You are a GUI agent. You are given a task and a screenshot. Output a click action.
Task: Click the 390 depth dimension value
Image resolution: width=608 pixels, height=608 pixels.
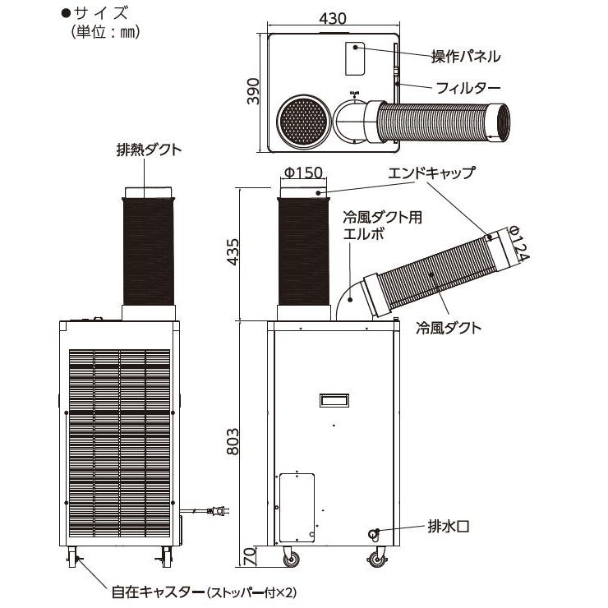click(254, 91)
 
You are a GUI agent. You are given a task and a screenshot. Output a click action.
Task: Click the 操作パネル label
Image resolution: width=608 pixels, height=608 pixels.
click(466, 57)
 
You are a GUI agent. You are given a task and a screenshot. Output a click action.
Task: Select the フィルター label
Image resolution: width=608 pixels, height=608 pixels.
click(468, 86)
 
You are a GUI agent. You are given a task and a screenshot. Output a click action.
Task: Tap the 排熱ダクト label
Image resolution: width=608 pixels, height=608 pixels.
click(149, 150)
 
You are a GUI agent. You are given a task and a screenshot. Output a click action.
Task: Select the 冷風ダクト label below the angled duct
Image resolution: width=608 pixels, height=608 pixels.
click(449, 327)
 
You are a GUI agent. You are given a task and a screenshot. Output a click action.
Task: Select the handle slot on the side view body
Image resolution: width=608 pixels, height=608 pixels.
click(334, 399)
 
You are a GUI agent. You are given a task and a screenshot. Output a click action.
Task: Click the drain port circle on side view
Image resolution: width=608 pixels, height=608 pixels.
click(374, 533)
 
